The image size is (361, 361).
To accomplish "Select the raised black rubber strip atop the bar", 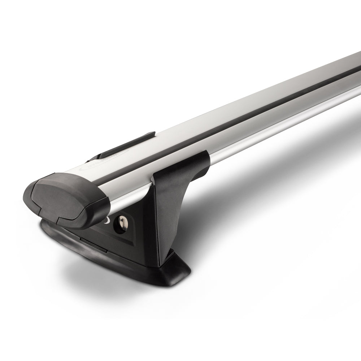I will (125, 144).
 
